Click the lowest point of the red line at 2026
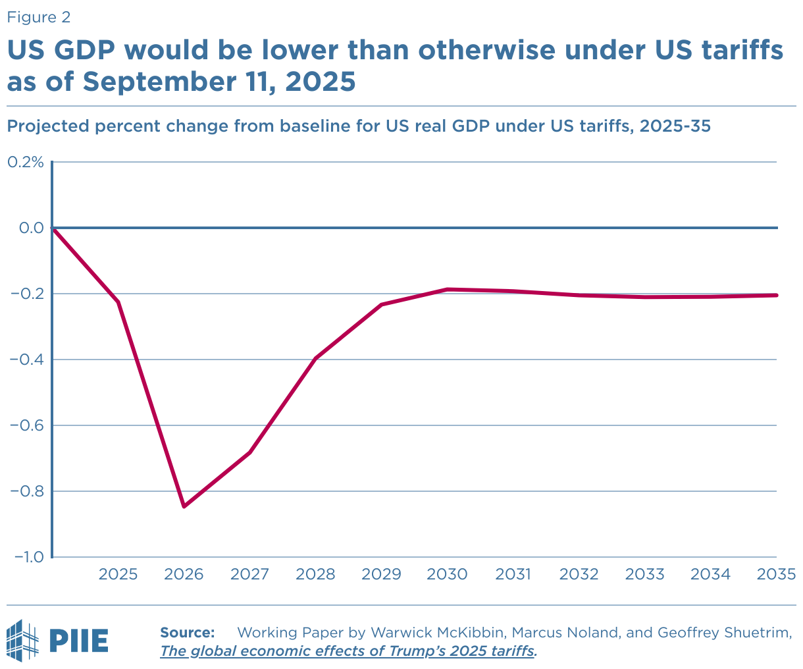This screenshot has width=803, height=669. (184, 506)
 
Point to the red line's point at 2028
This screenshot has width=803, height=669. (316, 358)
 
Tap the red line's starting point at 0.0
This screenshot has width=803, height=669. (53, 228)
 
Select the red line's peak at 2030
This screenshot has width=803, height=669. (448, 289)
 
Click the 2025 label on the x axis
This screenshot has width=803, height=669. (118, 575)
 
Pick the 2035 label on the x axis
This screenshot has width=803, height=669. (776, 575)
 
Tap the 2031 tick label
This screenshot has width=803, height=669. (513, 575)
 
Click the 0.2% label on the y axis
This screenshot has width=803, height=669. (24, 162)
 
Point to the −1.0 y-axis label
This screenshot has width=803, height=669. (26, 557)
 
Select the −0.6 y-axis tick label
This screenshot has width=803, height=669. (26, 425)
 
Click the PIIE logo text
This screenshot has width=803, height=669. (78, 639)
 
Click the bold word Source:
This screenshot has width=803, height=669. (188, 633)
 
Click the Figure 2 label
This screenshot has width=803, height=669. (38, 18)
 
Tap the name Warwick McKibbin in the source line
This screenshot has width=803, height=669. (438, 633)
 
